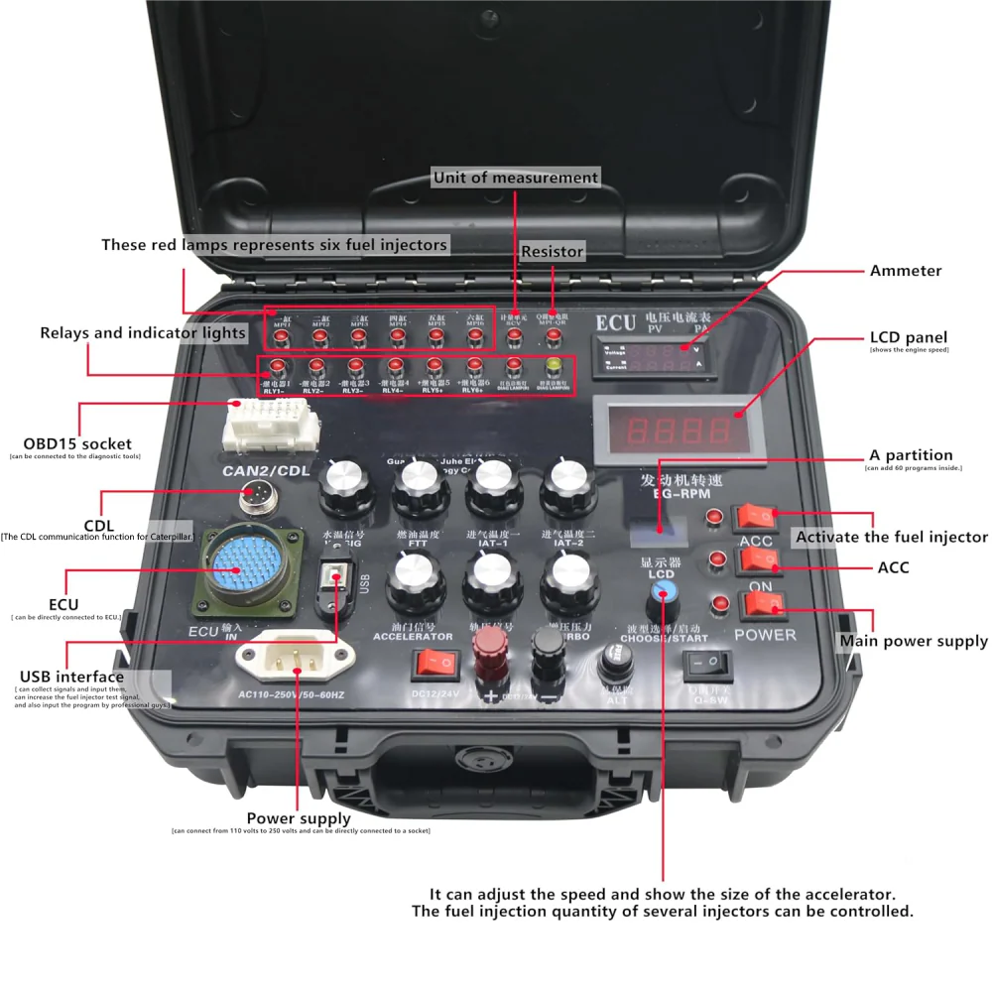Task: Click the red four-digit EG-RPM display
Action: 680,431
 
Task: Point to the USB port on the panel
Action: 337,582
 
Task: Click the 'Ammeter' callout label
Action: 905,271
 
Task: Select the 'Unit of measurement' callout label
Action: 516,178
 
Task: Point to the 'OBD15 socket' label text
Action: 77,442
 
